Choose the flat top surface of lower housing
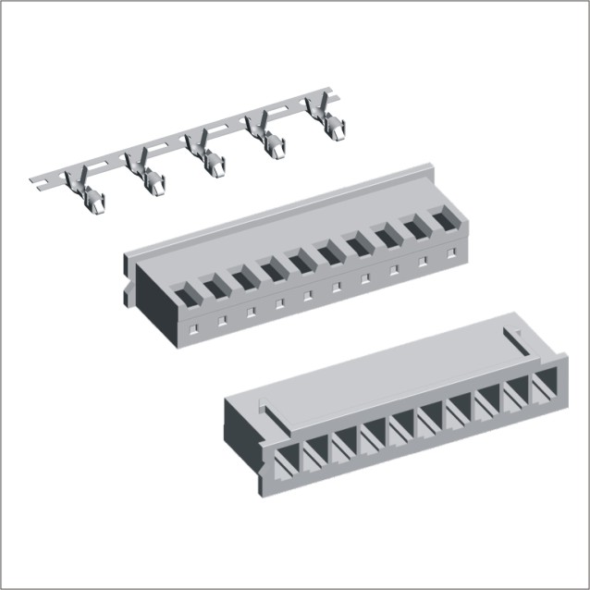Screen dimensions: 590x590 [x=388, y=370]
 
